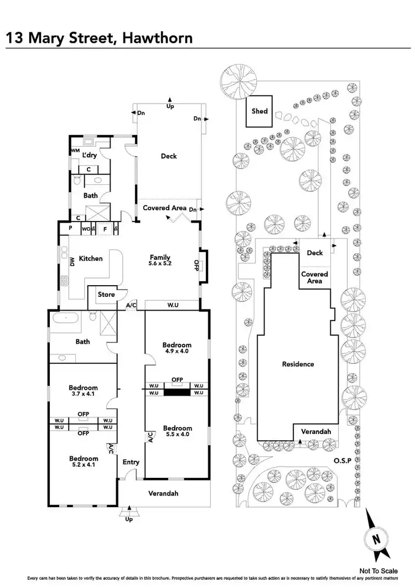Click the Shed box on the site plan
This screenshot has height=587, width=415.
tap(260, 111)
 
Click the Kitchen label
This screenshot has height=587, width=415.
tap(91, 258)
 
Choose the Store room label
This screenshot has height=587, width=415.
tap(106, 295)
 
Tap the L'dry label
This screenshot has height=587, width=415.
tap(90, 156)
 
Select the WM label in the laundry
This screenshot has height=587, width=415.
tap(75, 151)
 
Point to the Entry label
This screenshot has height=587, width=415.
tap(131, 462)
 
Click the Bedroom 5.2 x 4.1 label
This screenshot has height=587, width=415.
tap(84, 462)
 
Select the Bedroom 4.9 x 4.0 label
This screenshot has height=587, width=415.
tap(178, 348)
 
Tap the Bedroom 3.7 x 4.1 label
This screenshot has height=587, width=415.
tap(84, 391)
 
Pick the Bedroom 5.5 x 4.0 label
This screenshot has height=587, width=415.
tap(178, 431)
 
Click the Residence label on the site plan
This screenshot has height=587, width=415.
tap(298, 364)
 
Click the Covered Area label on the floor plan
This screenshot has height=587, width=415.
tap(164, 208)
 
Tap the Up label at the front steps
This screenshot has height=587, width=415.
tap(129, 520)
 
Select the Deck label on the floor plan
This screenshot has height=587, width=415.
tap(169, 156)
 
